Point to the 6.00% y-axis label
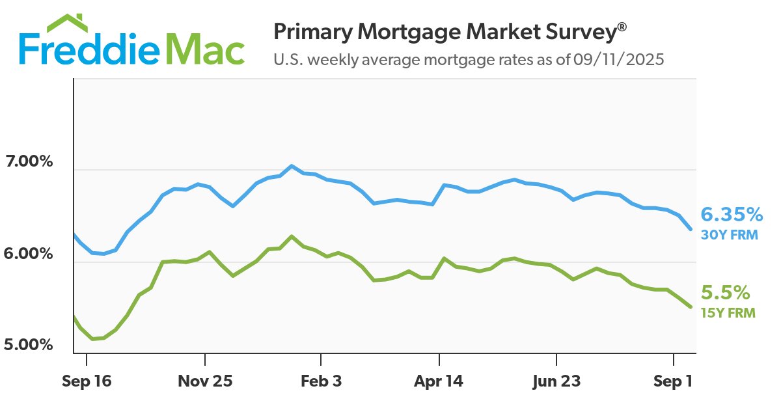point(28,253)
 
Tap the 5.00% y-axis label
point(28,344)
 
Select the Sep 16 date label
point(87,382)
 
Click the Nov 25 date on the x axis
point(204,382)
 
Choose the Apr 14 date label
point(439,382)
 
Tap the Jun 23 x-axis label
point(556,382)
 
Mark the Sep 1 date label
point(673,382)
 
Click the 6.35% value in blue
point(731,214)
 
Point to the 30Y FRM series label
point(729,235)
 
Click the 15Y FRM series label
point(728,313)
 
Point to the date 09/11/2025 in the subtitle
point(618,61)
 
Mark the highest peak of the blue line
point(292,166)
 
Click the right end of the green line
point(691,307)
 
